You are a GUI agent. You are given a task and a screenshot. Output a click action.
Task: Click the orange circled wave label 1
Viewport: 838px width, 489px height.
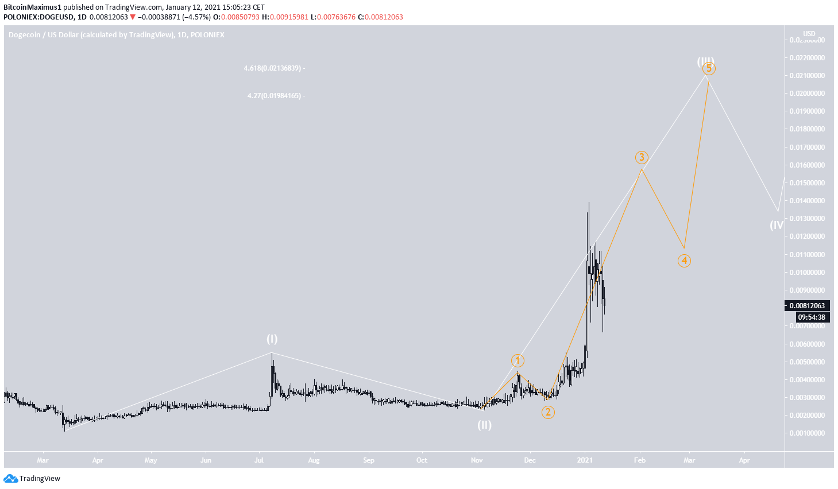point(518,360)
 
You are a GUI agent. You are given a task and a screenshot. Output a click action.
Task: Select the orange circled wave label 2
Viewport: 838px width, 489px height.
point(548,412)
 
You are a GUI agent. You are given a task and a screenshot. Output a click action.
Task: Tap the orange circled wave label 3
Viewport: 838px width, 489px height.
point(642,157)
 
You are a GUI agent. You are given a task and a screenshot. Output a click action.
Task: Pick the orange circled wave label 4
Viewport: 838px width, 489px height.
point(684,261)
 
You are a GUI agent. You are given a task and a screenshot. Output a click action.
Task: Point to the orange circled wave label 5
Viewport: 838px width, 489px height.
point(709,69)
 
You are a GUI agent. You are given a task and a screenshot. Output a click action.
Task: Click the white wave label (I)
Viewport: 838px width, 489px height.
point(272,339)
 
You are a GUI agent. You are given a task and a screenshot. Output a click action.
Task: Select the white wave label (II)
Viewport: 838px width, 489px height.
point(484,425)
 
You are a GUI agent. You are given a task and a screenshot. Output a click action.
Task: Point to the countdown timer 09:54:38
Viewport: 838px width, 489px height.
point(812,317)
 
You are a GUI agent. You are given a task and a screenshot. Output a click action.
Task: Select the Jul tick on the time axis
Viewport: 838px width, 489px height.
point(260,460)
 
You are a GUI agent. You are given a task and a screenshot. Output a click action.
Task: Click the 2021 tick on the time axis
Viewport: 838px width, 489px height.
point(585,460)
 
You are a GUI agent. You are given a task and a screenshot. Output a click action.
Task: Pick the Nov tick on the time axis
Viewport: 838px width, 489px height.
point(477,460)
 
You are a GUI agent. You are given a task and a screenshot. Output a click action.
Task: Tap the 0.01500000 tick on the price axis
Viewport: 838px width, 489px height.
point(807,183)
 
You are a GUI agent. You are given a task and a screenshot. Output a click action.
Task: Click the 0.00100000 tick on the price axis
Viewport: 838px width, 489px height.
point(807,433)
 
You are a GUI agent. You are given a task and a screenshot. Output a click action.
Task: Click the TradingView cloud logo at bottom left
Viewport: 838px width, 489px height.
point(10,479)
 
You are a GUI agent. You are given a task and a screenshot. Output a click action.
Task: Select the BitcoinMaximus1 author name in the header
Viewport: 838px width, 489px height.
point(32,7)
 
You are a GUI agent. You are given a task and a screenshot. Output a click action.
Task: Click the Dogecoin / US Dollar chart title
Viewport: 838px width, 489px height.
point(117,35)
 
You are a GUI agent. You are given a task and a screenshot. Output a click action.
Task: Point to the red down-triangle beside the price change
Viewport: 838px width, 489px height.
point(133,17)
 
